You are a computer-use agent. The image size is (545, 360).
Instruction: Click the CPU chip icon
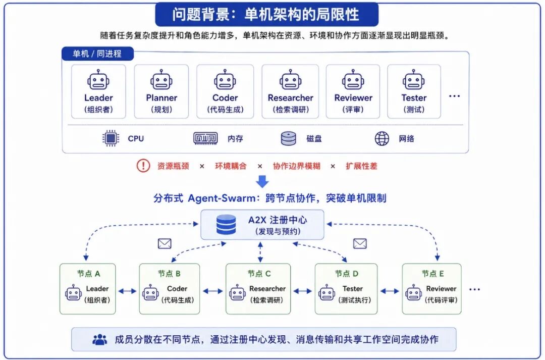[111, 138]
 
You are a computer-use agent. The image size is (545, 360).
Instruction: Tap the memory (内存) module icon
[205, 138]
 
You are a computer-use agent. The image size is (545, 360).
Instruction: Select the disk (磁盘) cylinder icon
[289, 138]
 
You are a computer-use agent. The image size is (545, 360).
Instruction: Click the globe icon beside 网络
[381, 138]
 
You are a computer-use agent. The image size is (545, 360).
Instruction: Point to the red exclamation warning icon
[143, 166]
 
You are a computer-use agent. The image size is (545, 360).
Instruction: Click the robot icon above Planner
[161, 80]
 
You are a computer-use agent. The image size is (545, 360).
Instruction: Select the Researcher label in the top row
[291, 98]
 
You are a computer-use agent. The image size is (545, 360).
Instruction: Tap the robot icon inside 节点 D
[326, 292]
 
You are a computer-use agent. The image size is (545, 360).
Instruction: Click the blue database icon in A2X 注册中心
[226, 224]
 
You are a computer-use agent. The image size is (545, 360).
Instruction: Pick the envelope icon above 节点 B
[165, 243]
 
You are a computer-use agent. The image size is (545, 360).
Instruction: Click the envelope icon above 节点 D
[360, 243]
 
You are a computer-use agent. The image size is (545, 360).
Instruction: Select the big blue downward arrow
[262, 181]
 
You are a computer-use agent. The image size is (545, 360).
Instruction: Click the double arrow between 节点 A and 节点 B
[127, 291]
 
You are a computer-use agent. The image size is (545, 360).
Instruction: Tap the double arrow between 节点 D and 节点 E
[390, 291]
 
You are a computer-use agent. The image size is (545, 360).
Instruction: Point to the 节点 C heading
[259, 274]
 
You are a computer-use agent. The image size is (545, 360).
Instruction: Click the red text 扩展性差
[361, 166]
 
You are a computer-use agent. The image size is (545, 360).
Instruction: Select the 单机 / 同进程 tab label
[97, 54]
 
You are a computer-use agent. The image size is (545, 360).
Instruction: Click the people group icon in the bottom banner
[100, 339]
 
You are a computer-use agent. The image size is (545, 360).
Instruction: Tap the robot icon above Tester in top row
[414, 80]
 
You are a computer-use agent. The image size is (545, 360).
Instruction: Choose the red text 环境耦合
[231, 166]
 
